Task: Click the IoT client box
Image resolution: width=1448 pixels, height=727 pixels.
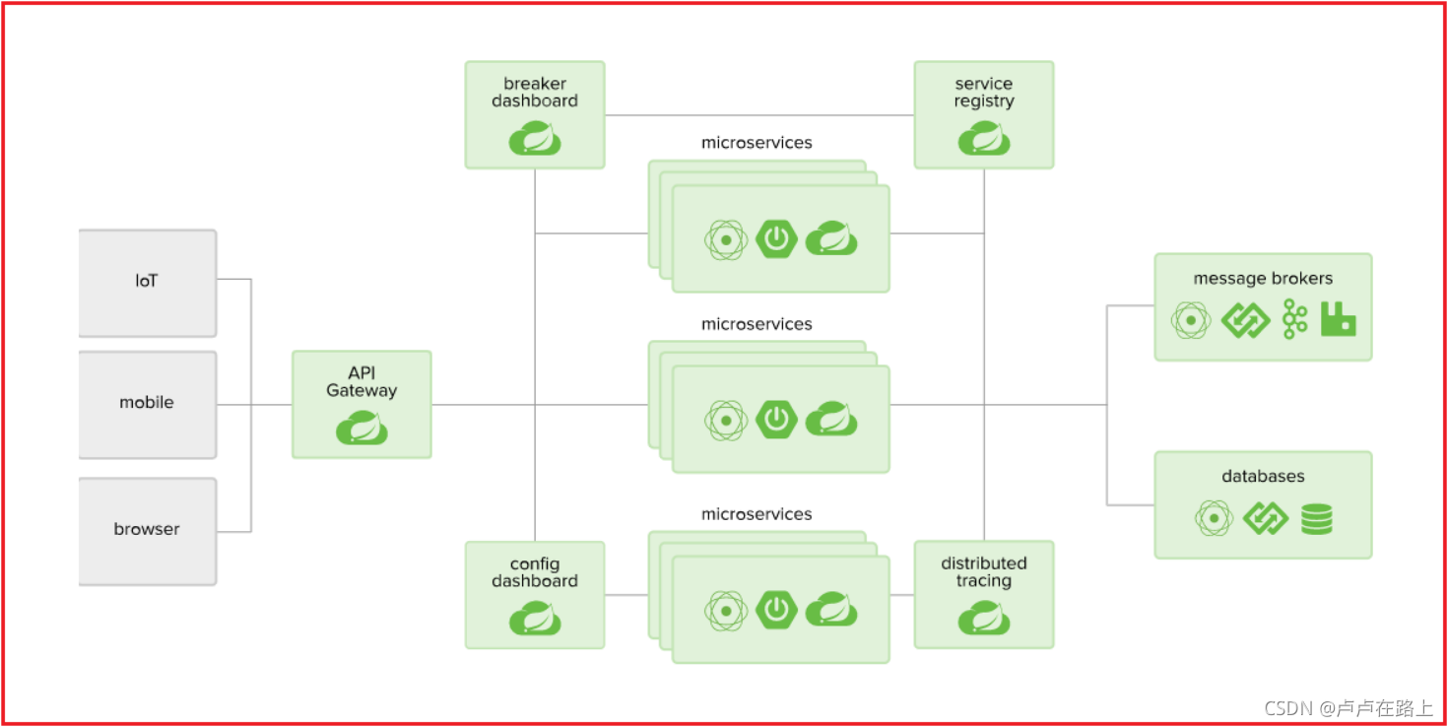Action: coord(147,282)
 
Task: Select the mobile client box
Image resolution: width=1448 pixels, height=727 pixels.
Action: coord(147,403)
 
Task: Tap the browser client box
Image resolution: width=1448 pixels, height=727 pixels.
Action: coord(147,530)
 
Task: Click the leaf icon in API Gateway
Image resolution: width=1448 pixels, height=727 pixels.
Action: coord(362,429)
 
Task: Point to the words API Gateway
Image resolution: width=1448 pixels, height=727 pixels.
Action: coord(362,382)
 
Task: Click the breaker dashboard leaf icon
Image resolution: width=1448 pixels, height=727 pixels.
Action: coord(535,140)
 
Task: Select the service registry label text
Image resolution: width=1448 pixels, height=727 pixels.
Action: coord(984,93)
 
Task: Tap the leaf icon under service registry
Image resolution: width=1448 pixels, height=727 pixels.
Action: coord(984,140)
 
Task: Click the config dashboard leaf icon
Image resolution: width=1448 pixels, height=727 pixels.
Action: coord(535,620)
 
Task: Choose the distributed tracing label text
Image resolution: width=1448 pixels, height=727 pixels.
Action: coord(984,572)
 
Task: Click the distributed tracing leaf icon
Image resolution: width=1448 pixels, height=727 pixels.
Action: coord(984,620)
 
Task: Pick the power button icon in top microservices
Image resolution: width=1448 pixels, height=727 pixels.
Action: coord(776,238)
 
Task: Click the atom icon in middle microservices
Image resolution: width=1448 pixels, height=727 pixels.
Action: coord(726,421)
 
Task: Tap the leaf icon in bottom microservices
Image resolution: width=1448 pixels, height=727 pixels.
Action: coord(831,611)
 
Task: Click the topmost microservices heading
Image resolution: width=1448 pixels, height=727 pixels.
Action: coord(757,143)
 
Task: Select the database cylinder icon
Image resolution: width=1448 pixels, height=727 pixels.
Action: coord(1317,518)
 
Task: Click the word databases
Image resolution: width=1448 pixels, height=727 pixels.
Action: coord(1263,477)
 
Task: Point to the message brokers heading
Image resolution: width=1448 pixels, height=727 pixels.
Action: coord(1263,279)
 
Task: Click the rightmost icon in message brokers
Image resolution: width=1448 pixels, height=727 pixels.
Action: coord(1339,320)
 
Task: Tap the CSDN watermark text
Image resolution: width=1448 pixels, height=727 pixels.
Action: coord(1348,708)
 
